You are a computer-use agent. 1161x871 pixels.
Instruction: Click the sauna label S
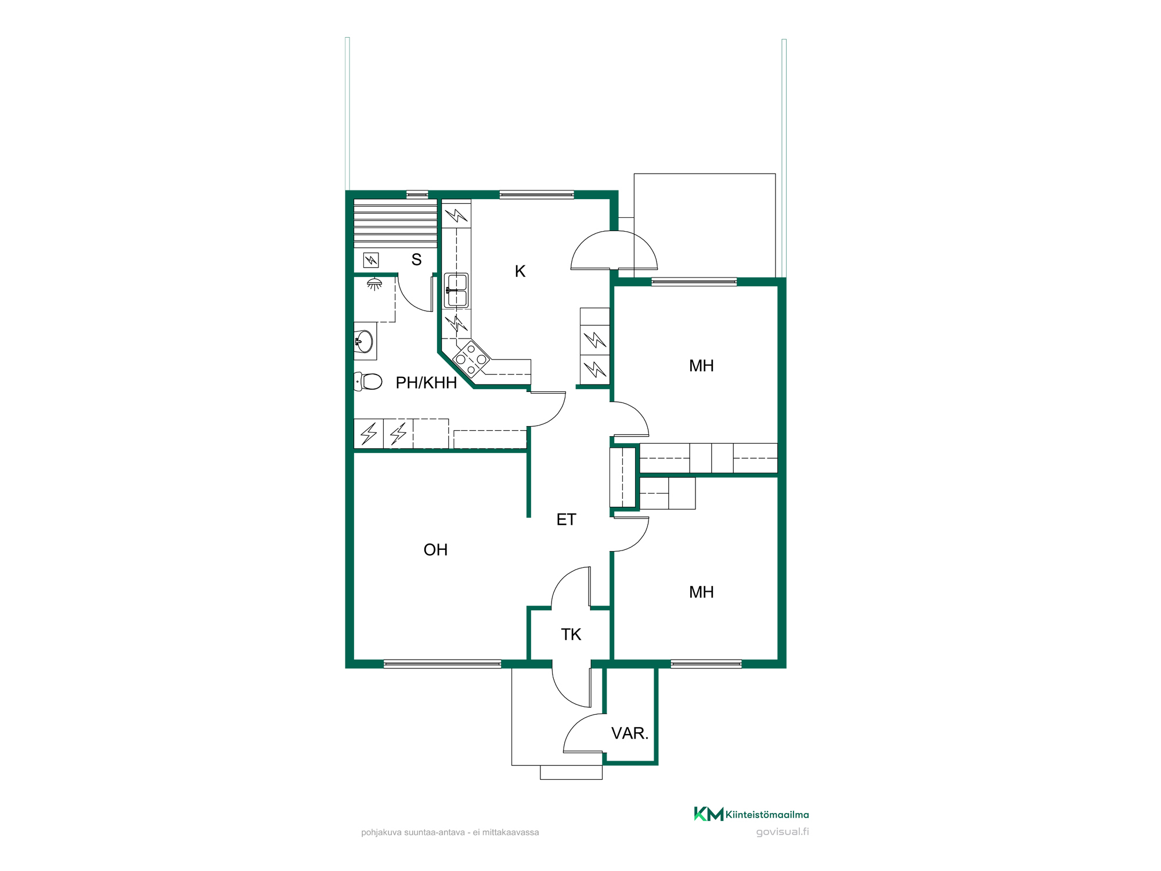416,260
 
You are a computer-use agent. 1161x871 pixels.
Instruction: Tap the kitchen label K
520,271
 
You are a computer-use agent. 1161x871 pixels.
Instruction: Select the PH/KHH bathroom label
426,383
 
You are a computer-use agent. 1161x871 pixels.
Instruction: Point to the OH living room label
435,550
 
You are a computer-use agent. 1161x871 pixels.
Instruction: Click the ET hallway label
566,519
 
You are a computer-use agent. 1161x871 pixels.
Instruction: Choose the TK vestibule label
571,634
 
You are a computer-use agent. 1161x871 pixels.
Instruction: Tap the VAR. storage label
629,733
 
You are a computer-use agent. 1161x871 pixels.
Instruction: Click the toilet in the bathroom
368,381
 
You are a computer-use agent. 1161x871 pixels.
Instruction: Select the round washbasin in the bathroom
363,341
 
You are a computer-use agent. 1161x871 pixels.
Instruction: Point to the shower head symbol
374,284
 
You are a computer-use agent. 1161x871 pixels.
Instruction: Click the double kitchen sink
456,290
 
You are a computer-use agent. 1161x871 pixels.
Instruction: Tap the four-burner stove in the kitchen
471,359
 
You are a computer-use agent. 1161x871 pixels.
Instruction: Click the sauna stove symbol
371,260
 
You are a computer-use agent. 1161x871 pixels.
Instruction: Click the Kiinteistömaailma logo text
767,815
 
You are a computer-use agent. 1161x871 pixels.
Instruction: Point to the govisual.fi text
783,832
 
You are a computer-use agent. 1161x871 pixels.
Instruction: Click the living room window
442,664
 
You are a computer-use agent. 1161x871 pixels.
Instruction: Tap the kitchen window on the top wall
537,195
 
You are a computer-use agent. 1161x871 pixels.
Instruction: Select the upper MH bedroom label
701,366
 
